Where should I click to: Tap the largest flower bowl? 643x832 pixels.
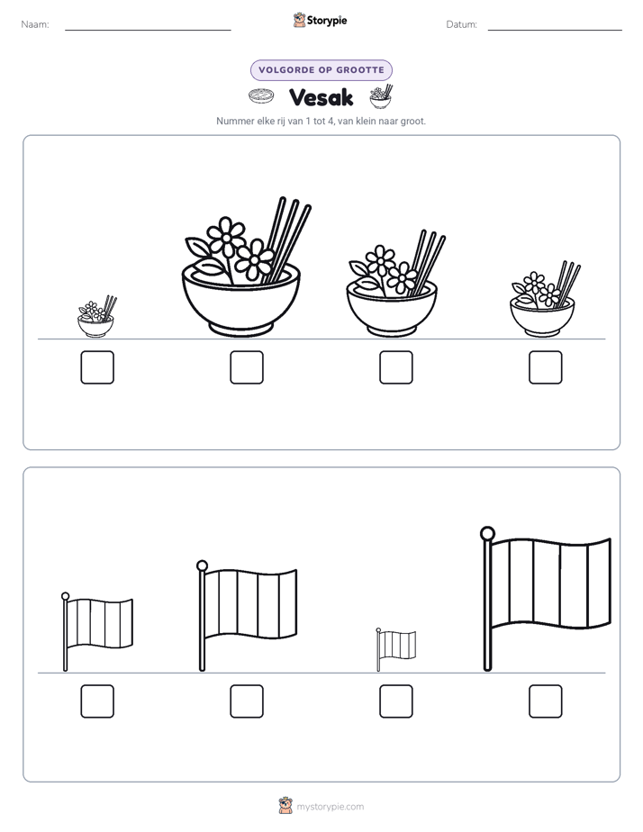coord(241,297)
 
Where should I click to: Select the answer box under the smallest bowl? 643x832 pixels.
coord(97,367)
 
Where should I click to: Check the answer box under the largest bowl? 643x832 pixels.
coord(247,367)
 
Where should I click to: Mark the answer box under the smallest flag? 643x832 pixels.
coord(396,701)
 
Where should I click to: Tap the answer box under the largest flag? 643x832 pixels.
coord(546,701)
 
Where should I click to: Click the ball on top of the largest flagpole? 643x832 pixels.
coord(487,533)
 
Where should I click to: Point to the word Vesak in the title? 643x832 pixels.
coord(321,97)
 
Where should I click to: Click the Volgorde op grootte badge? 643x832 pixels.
coord(321,70)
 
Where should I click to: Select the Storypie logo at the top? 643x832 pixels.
coord(320,20)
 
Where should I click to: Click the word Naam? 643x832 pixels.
coord(35,24)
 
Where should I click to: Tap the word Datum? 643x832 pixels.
coord(462,24)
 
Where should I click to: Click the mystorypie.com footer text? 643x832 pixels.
coord(330,807)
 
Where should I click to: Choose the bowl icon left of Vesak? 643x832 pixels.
coord(261,96)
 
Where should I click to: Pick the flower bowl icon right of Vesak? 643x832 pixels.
coord(382,96)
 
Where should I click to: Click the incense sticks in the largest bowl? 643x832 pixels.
coord(288,239)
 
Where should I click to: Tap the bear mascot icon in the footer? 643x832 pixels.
coord(285,806)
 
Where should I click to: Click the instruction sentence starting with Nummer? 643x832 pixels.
coord(321,121)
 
